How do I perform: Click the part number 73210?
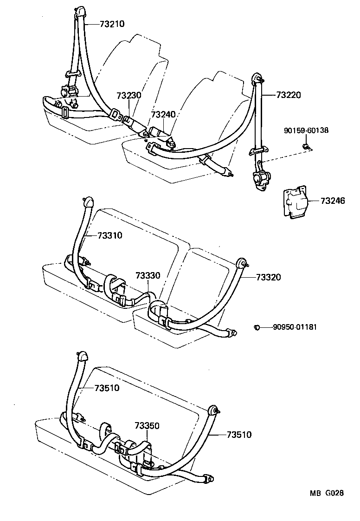(x=112, y=23)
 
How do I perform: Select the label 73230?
(x=129, y=95)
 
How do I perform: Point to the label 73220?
(x=289, y=95)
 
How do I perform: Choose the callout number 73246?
(x=333, y=201)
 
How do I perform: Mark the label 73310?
(x=109, y=235)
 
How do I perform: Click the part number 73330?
(x=148, y=276)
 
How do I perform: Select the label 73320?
(x=268, y=277)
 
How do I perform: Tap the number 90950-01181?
(x=295, y=327)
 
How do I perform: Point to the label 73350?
(x=147, y=425)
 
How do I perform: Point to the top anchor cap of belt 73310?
(x=88, y=202)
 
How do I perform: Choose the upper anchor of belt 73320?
(x=242, y=263)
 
